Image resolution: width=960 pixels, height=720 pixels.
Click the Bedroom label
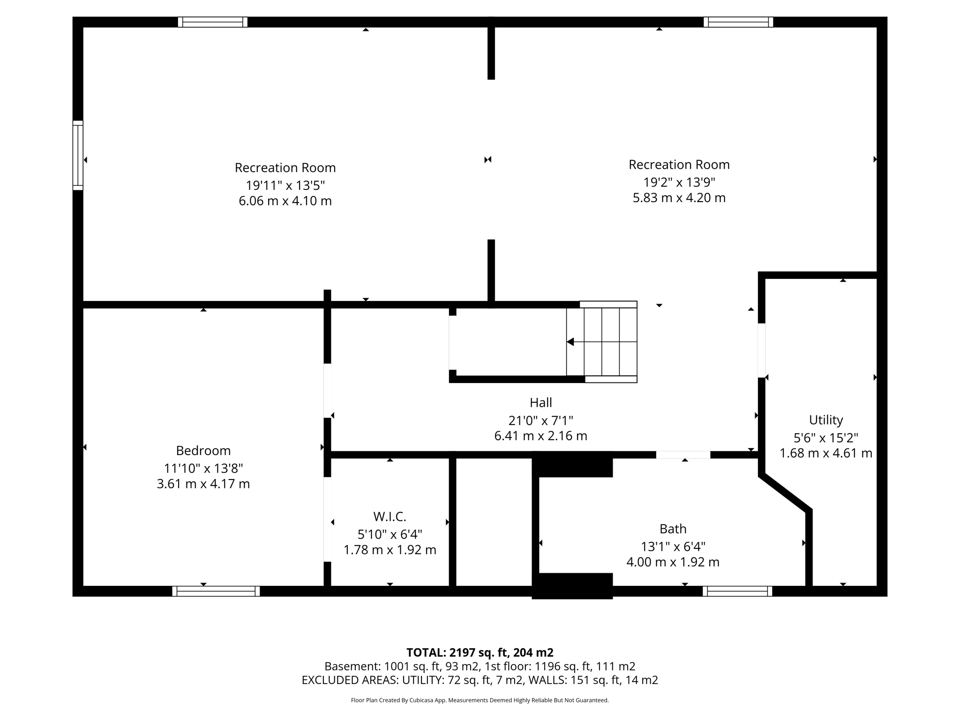tap(203, 450)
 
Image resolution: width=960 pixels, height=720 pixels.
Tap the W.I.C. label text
tap(390, 517)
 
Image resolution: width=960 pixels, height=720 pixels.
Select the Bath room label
tap(673, 529)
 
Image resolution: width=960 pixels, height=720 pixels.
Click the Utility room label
tap(825, 420)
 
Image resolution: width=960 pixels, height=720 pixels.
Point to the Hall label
tap(540, 402)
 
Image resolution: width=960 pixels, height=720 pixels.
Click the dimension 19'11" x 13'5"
tap(285, 185)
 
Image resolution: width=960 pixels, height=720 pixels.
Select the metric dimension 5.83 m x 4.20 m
tap(679, 198)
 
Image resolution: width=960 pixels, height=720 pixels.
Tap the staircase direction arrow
tap(570, 342)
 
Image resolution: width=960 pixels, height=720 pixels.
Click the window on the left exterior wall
tap(78, 156)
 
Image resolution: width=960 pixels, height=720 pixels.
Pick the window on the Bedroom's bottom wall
tap(216, 591)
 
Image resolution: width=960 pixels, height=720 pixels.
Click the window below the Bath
tap(737, 591)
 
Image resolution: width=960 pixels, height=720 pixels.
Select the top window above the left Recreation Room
tap(212, 22)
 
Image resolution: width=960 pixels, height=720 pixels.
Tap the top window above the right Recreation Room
tap(738, 22)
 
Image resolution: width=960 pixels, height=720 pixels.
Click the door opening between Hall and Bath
tap(682, 455)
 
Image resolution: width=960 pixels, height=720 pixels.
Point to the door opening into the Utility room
tap(762, 350)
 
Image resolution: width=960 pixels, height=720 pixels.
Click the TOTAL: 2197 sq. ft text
tap(480, 652)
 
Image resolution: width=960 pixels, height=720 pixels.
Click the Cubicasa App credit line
tap(480, 700)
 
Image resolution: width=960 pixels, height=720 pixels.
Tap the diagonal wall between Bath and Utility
tap(785, 493)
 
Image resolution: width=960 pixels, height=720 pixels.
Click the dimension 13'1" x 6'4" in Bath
tap(673, 546)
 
